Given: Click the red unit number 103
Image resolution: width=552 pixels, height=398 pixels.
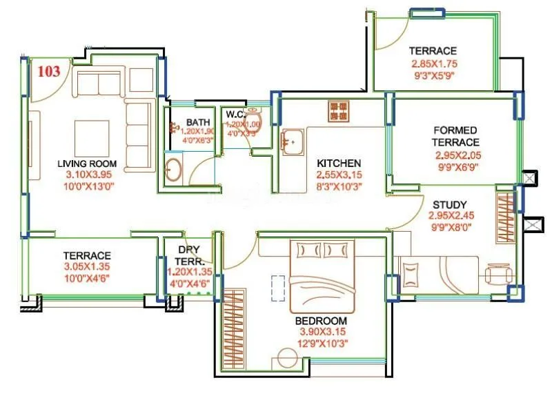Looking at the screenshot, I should (x=48, y=71).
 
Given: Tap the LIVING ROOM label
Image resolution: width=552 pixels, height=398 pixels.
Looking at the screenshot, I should (x=87, y=164).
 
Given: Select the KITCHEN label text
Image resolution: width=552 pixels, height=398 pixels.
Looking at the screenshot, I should (x=339, y=163).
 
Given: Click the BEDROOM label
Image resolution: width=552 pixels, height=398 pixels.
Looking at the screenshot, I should (x=321, y=321).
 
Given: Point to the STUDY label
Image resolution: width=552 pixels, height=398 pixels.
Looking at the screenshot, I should (x=450, y=205).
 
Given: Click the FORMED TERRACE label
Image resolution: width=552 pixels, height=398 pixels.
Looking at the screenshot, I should (x=455, y=136).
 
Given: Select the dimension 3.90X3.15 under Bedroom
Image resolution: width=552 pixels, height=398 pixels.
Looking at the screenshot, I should (x=321, y=332).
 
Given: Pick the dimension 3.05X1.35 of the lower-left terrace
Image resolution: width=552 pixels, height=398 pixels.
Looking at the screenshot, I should (x=87, y=267).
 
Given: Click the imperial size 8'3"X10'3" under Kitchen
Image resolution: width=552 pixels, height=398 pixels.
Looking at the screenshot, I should (x=339, y=186).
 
